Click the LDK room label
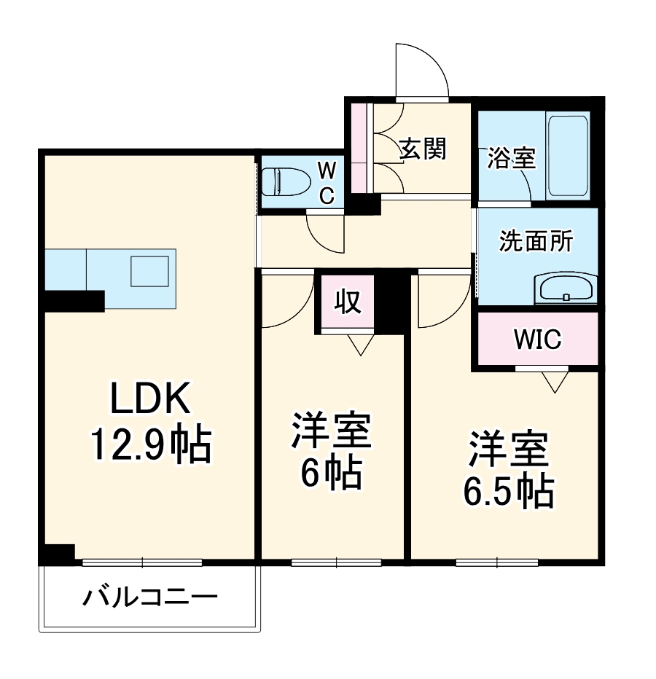tap(150, 399)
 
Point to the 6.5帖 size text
tap(508, 492)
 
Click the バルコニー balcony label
tap(150, 599)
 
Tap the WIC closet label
tap(537, 339)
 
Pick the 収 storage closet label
tap(348, 301)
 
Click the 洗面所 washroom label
tap(536, 241)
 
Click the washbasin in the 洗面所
tap(566, 289)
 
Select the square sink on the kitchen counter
tap(149, 270)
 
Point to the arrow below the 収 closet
tap(358, 345)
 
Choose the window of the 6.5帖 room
tap(497, 562)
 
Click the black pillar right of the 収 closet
tap(392, 301)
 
